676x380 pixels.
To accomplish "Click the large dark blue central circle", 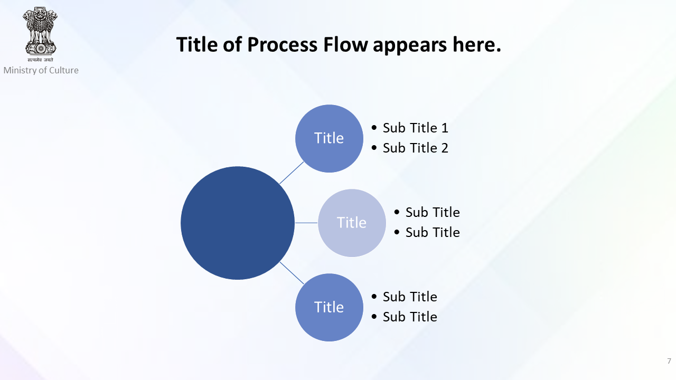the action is pos(238,223).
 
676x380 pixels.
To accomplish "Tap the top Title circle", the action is pos(329,138).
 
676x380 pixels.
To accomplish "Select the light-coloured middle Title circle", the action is pos(352,223).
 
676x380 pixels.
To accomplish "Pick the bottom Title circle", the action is pos(329,307).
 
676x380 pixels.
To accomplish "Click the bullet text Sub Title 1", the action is pos(415,128).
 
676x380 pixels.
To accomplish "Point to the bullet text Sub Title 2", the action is pos(415,148).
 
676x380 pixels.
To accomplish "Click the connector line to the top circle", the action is pos(292,173).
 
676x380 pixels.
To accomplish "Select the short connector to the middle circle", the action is pos(306,223).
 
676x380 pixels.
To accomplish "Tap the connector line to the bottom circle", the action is pos(292,273).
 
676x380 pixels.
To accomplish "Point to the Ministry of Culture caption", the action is pos(41,70).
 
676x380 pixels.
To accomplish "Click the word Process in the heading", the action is pos(283,45).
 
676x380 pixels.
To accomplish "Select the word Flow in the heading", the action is pos(345,45).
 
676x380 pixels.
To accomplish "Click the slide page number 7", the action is pos(669,361).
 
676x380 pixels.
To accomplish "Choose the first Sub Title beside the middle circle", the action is pos(433,212).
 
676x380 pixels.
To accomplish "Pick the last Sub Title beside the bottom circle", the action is pos(410,317).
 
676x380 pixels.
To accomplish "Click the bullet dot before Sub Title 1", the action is pos(374,128).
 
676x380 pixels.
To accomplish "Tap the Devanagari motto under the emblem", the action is pos(40,60).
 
